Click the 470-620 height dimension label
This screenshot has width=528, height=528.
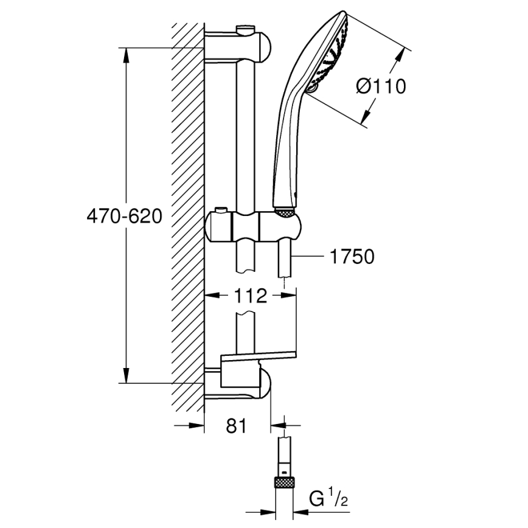124,216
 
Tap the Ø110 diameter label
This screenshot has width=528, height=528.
380,86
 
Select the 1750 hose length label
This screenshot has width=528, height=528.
352,257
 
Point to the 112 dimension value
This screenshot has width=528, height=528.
250,296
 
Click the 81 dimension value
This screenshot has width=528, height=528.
236,426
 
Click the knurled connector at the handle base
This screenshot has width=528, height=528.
285,212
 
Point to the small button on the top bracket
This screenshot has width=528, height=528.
245,28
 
